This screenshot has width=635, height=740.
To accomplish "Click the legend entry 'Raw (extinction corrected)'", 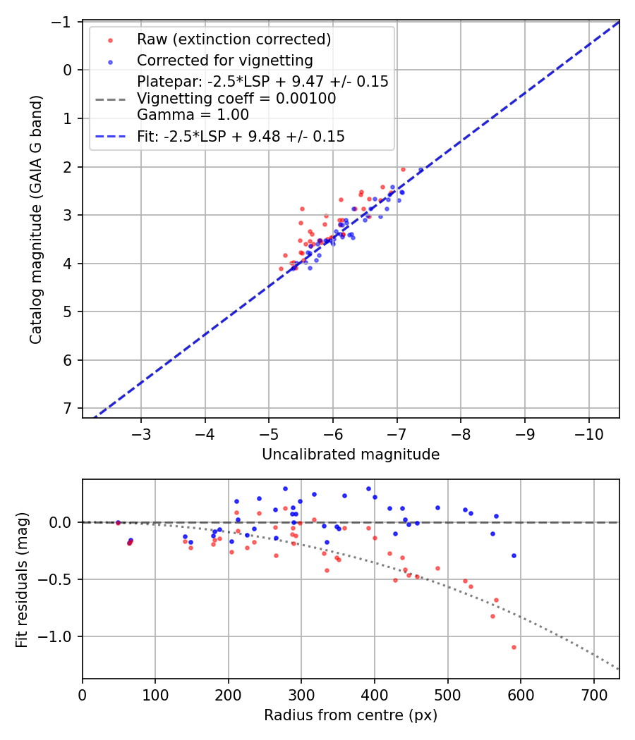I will click(x=234, y=39).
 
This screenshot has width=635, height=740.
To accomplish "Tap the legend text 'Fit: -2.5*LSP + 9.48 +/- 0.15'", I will click(x=241, y=137).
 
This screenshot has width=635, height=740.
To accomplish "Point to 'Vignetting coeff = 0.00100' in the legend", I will click(x=236, y=99).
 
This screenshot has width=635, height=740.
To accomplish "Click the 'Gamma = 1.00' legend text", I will click(x=193, y=114).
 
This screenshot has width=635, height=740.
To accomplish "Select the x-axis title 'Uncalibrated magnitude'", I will click(x=351, y=455).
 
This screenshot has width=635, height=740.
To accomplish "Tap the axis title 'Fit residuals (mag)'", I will click(x=21, y=579).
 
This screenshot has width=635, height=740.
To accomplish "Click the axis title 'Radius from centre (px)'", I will click(x=351, y=715).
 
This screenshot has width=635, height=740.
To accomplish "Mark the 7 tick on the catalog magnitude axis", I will click(x=68, y=409).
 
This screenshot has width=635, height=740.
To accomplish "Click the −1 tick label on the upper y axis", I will click(x=64, y=22).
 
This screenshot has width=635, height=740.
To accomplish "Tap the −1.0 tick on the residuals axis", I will click(x=59, y=636).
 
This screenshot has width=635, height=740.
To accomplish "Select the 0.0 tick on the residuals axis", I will click(x=64, y=522).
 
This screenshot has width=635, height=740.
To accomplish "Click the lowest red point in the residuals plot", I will click(x=514, y=647).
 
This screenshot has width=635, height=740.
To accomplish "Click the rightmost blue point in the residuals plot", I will click(x=514, y=555).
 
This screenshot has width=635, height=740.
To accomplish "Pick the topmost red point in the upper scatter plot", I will click(x=403, y=169).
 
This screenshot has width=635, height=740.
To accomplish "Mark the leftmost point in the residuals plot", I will click(x=118, y=522).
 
